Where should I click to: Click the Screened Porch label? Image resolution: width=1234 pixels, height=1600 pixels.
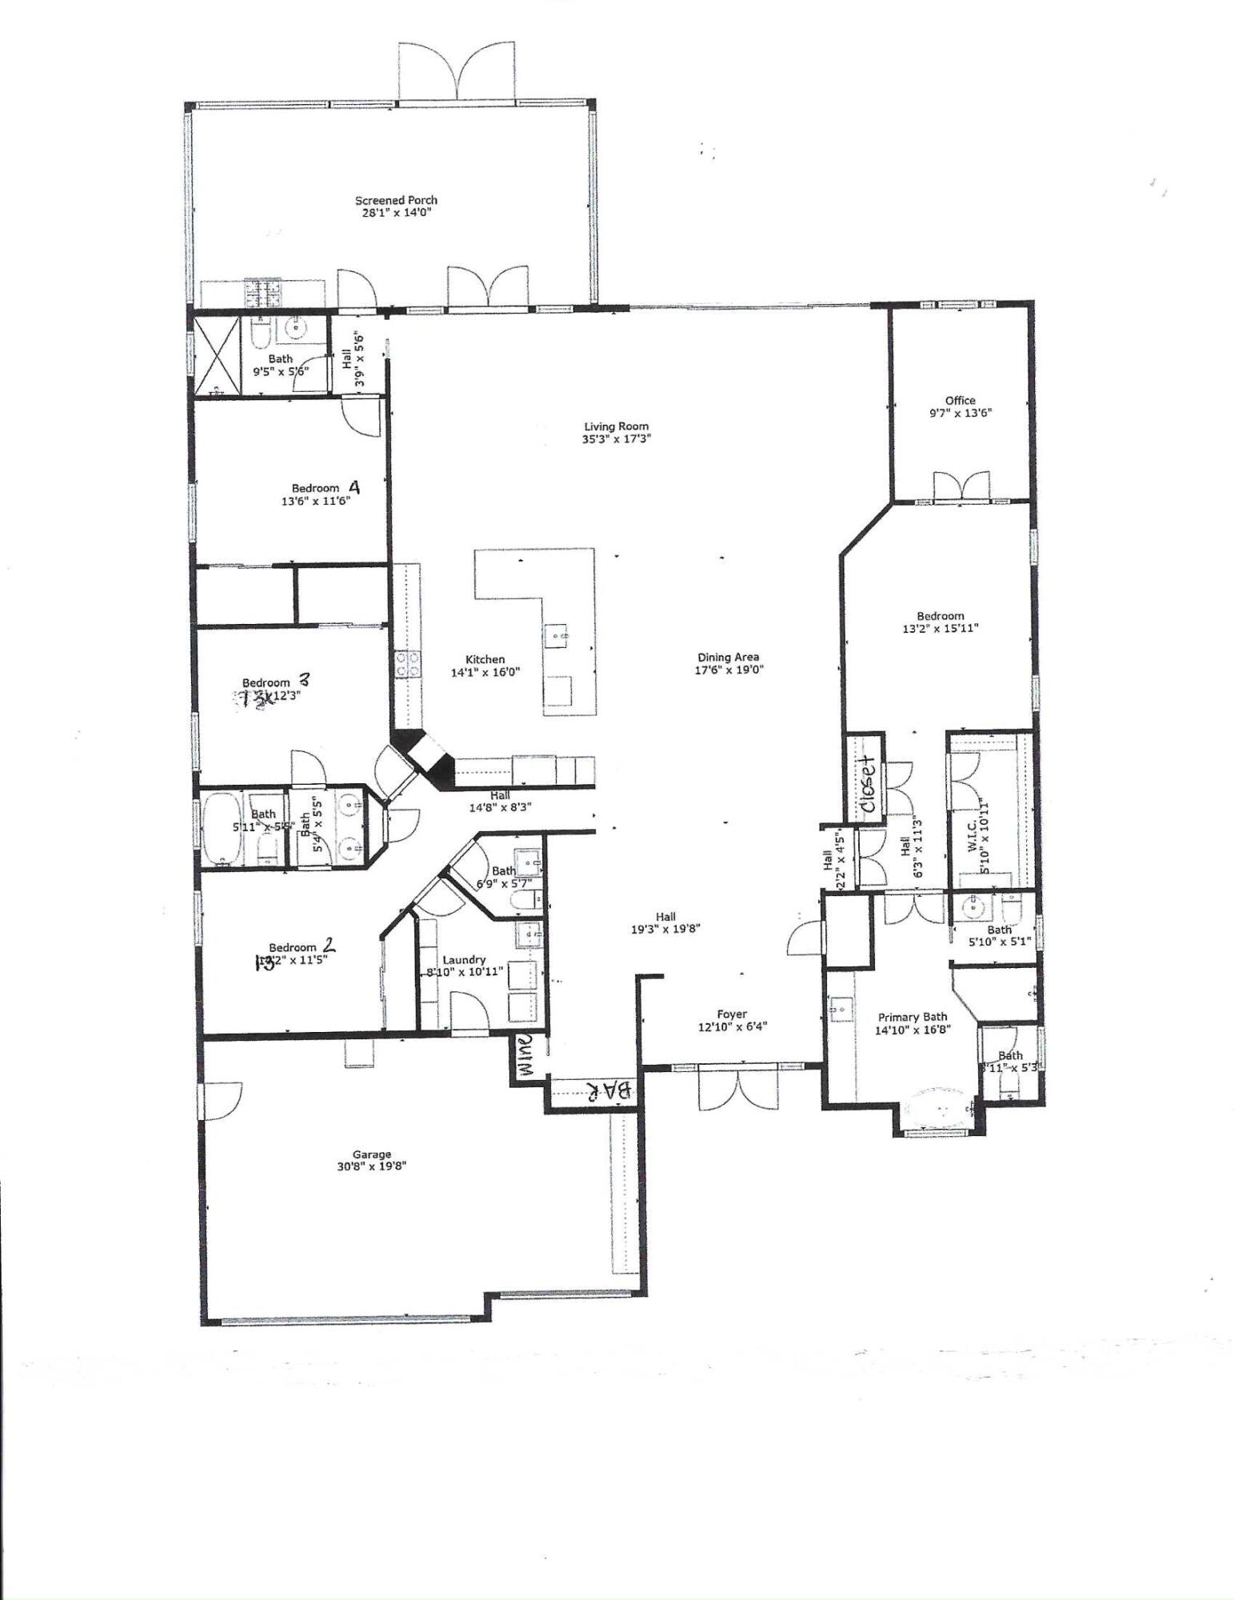[x=396, y=200]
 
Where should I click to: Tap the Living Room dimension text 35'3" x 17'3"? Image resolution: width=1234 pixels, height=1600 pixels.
[x=616, y=439]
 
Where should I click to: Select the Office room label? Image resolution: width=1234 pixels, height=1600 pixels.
[x=960, y=400]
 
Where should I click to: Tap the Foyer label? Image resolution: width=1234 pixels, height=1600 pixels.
[x=732, y=1014]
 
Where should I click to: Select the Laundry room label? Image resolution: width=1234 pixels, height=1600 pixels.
[x=464, y=959]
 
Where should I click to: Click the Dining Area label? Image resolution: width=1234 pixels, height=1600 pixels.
[x=728, y=657]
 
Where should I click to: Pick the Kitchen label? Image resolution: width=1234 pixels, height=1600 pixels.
[x=485, y=659]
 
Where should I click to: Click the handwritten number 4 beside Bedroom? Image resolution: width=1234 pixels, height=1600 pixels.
[x=353, y=486]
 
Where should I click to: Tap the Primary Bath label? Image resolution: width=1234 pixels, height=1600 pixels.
[x=913, y=1017]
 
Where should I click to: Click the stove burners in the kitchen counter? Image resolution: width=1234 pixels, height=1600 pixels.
[x=408, y=664]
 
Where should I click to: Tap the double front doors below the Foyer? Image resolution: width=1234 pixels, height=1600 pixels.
[x=737, y=1090]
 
